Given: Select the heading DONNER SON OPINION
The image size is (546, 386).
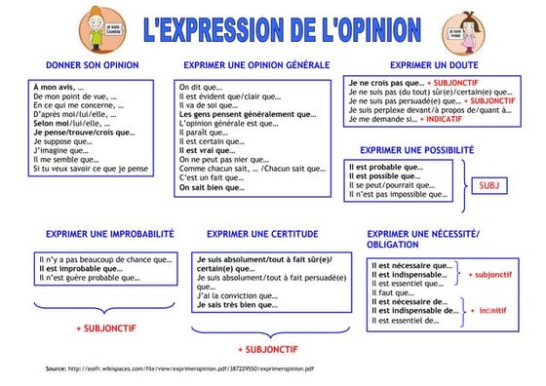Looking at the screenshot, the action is pos(93,65).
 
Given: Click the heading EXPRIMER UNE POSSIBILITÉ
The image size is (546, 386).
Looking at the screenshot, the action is pos(416,150).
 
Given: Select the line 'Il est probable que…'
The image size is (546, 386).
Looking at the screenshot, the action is pos(392,168).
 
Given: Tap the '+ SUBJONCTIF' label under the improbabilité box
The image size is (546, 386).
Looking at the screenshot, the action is pos(106,328).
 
